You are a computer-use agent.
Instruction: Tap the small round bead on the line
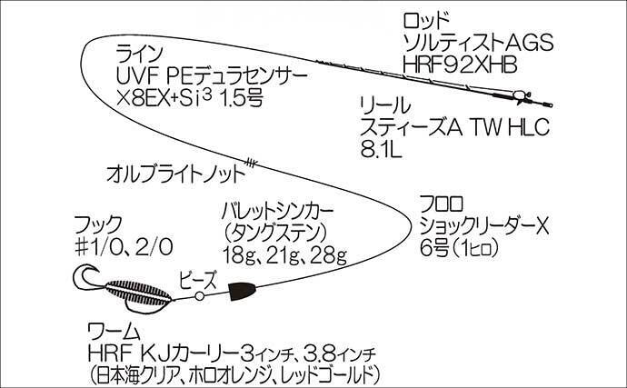point(199,296)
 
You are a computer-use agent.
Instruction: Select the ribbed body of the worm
point(138,293)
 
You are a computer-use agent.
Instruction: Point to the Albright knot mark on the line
point(250,163)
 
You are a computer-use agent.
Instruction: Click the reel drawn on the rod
point(519,96)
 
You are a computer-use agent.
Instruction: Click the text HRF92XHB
point(460,65)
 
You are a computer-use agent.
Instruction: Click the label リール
point(385,105)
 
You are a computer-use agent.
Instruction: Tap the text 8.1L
point(381,149)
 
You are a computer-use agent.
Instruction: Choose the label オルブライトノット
point(175,174)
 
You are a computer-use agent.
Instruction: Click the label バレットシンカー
point(277,212)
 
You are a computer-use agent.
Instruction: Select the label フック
point(97,224)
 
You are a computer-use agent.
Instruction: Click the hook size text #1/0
point(103,247)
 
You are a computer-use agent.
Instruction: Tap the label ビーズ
point(198,280)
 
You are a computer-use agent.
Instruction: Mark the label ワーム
point(114,332)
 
